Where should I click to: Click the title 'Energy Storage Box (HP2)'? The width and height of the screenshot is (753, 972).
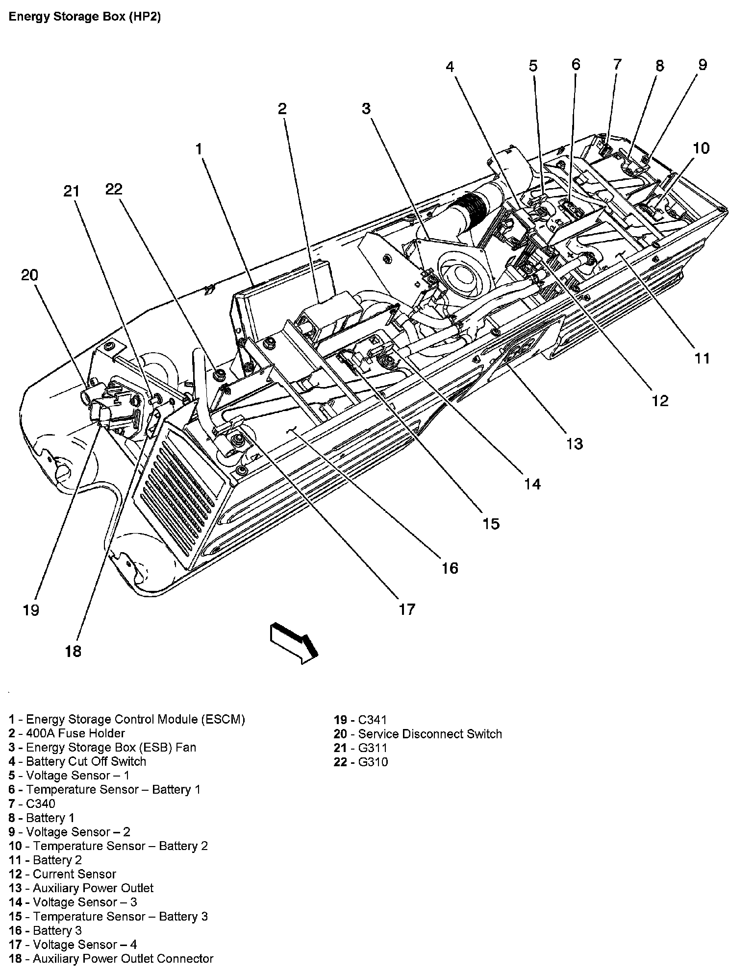tap(85, 17)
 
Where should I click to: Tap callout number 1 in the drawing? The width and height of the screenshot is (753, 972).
tap(199, 149)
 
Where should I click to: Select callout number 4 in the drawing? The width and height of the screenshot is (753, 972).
tap(450, 67)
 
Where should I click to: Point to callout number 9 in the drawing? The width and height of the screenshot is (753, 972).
tap(703, 65)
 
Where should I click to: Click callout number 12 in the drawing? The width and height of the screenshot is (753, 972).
tap(660, 401)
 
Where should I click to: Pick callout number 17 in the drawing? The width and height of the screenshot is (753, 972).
tap(407, 609)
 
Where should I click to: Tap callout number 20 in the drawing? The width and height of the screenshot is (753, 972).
tap(29, 275)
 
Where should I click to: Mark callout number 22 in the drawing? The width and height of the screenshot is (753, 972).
tap(114, 189)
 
